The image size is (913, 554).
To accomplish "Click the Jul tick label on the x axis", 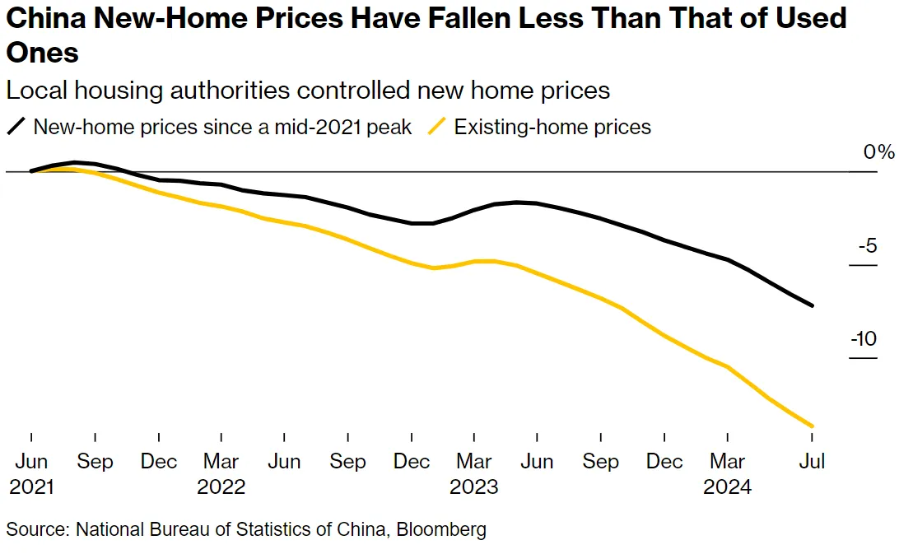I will click(813, 461).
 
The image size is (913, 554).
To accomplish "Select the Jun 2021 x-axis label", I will click(31, 473).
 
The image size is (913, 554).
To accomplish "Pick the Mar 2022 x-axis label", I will click(221, 473).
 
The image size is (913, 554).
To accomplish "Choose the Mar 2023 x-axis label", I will click(473, 473).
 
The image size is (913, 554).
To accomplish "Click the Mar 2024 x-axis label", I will click(727, 473).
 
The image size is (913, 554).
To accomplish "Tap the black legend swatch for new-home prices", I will click(16, 128).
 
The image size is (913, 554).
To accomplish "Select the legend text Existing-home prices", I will click(552, 128).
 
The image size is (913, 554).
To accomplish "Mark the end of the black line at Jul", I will click(813, 305).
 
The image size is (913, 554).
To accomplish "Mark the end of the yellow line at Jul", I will click(813, 426).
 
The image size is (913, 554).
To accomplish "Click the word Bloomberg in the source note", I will click(441, 529).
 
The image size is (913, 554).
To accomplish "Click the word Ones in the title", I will click(43, 53).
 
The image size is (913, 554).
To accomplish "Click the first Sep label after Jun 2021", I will click(95, 461).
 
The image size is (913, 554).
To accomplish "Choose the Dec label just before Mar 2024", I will click(664, 461).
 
